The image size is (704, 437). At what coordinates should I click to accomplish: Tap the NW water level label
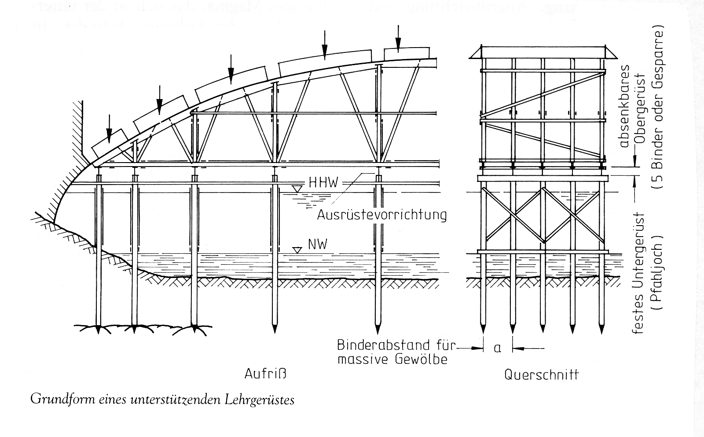317,244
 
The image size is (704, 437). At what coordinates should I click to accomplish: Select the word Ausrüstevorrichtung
381,215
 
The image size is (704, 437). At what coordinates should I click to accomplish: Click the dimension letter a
498,348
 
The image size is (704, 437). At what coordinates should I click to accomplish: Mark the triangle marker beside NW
297,249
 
